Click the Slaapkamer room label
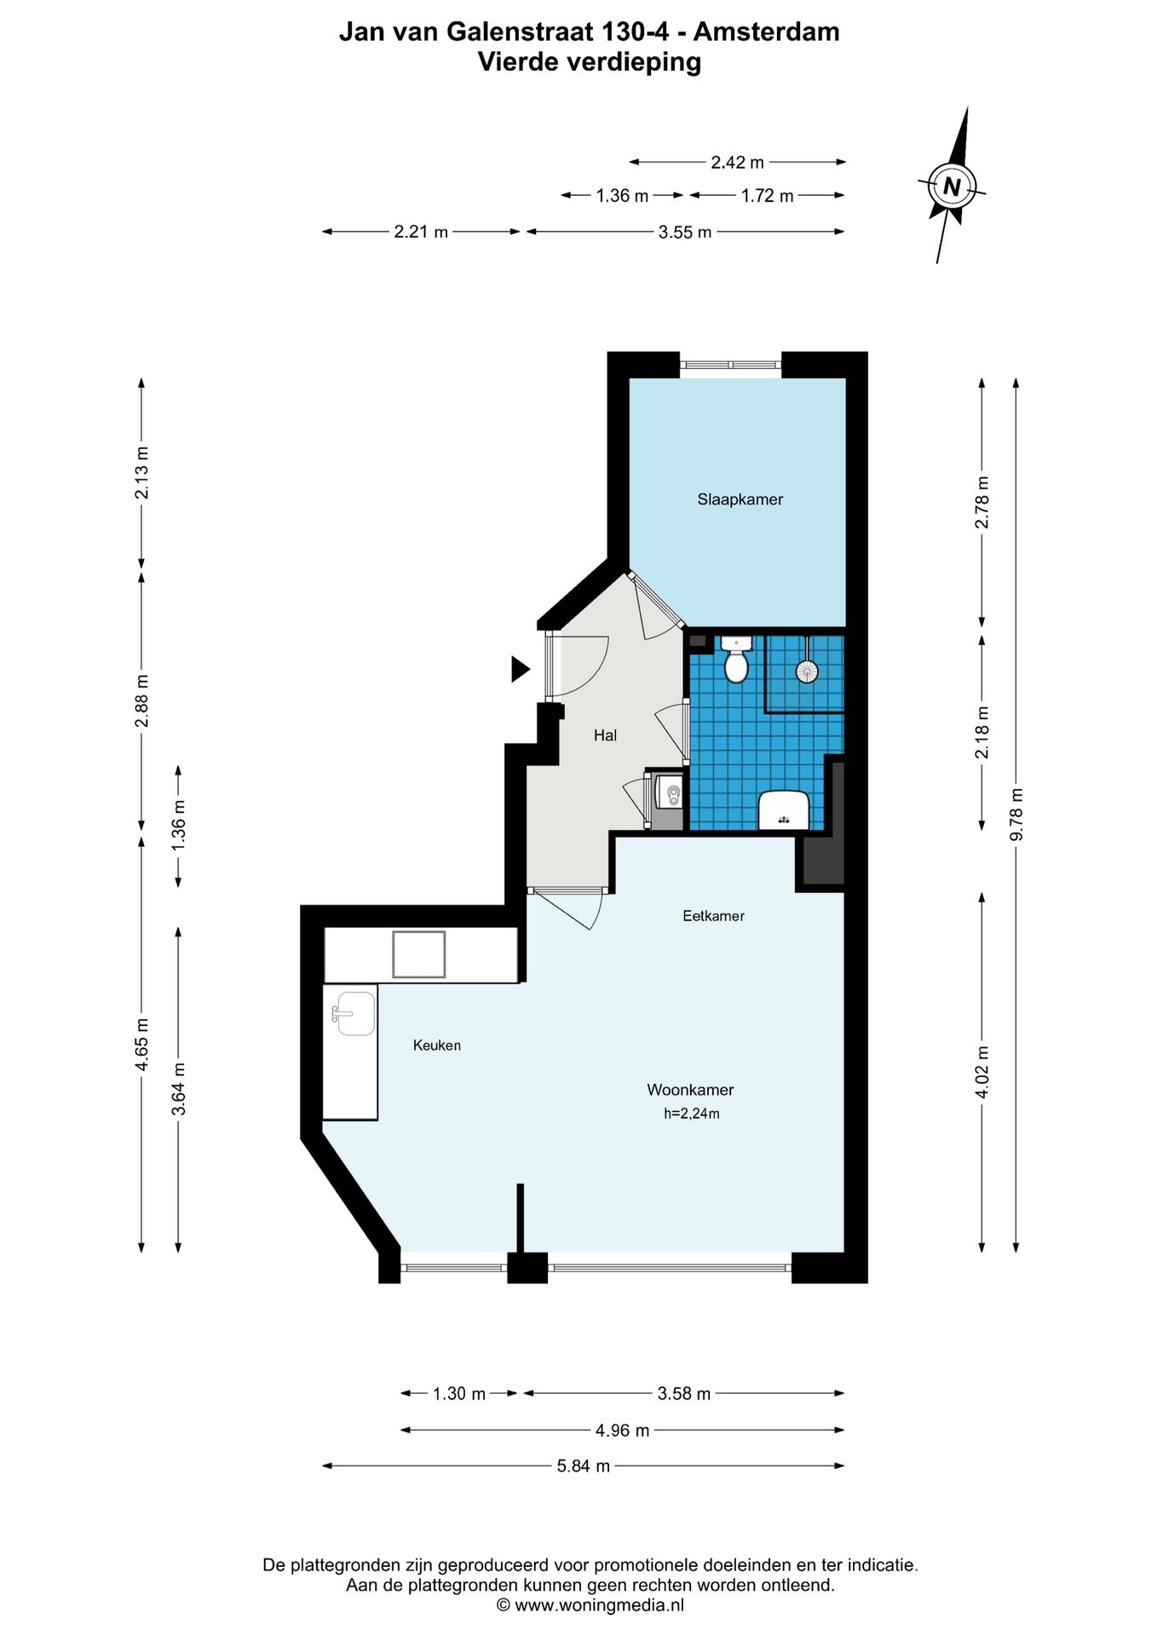[x=740, y=499]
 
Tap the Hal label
[x=605, y=735]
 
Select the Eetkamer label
[x=713, y=916]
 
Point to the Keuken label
[x=436, y=1046]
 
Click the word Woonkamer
[x=690, y=1090]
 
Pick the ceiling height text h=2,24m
[x=692, y=1114]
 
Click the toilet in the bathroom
[x=736, y=660]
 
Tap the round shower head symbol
[x=806, y=671]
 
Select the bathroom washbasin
[x=784, y=809]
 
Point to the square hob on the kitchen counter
[x=419, y=954]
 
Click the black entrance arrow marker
[x=520, y=669]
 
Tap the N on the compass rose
[x=952, y=186]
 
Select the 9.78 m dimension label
[x=1016, y=815]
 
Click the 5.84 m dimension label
[x=584, y=1466]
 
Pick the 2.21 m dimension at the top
[x=421, y=232]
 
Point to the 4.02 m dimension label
[x=981, y=1072]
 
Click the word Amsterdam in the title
[x=767, y=32]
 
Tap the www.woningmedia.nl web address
[x=600, y=1605]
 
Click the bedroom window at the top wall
[x=731, y=365]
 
